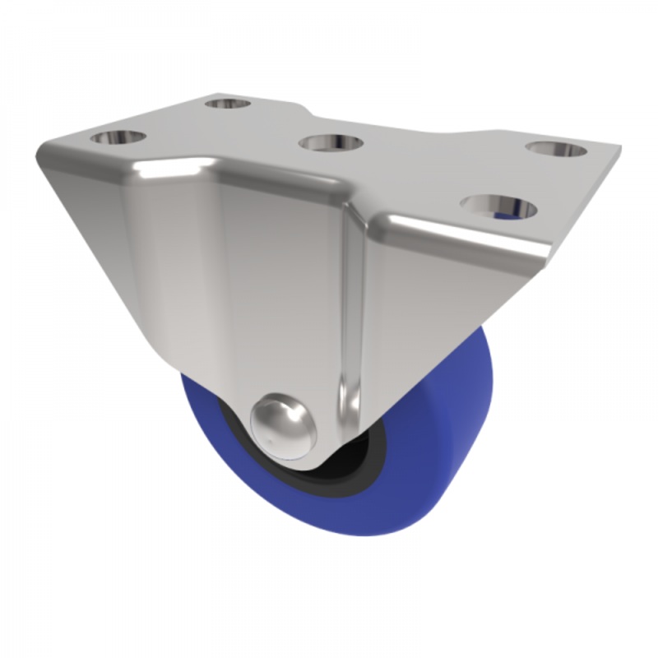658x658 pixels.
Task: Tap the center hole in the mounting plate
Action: [331, 143]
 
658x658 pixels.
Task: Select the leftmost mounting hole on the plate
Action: [118, 137]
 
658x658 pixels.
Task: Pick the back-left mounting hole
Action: [227, 104]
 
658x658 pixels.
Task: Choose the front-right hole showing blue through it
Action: [499, 206]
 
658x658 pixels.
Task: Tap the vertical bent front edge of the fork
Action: [350, 329]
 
